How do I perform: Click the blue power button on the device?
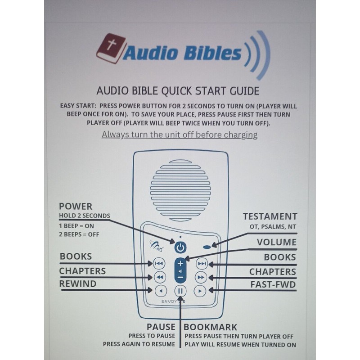(180, 247)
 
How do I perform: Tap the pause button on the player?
(180, 291)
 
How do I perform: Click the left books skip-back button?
(159, 263)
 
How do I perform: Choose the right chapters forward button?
(201, 277)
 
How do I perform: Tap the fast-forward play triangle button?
(201, 290)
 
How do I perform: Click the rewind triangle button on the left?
(159, 290)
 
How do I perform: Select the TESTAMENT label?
(270, 216)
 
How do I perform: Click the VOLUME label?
(276, 242)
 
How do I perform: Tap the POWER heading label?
(76, 207)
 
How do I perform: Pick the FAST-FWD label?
(273, 284)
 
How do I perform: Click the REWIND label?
(78, 284)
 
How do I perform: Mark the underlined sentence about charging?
(180, 135)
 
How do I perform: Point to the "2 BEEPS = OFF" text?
(79, 234)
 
